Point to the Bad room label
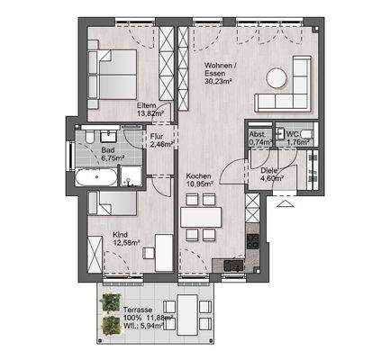pyautogui.click(x=107, y=149)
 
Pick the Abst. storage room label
pyautogui.click(x=259, y=134)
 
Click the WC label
pyautogui.click(x=293, y=134)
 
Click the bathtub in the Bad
pyautogui.click(x=98, y=177)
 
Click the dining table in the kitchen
pyautogui.click(x=201, y=216)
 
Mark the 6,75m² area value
pyautogui.click(x=112, y=158)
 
